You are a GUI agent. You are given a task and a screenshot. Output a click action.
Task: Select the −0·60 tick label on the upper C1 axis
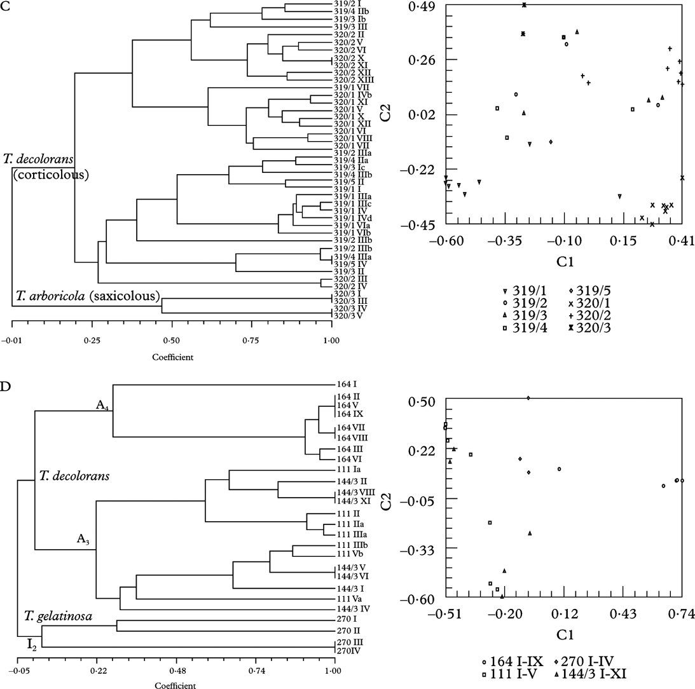[x=445, y=242]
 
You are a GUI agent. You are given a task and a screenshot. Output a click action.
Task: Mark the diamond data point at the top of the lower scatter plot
[x=528, y=398]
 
